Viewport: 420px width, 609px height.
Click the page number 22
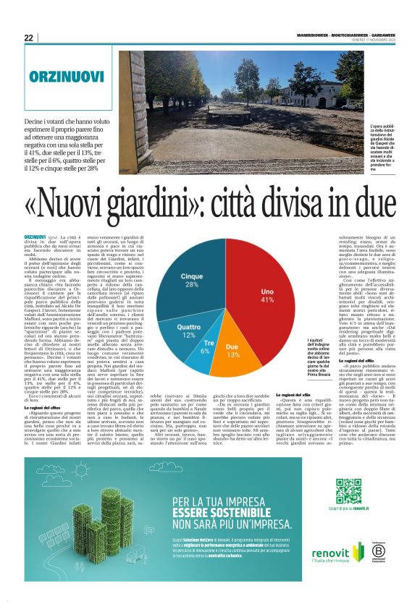[x=28, y=38]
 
